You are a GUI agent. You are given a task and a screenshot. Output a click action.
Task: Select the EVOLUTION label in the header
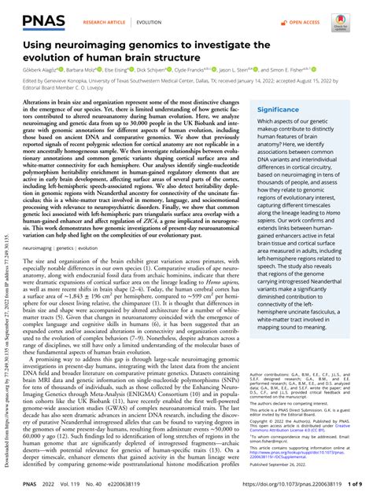click(x=158, y=13)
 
